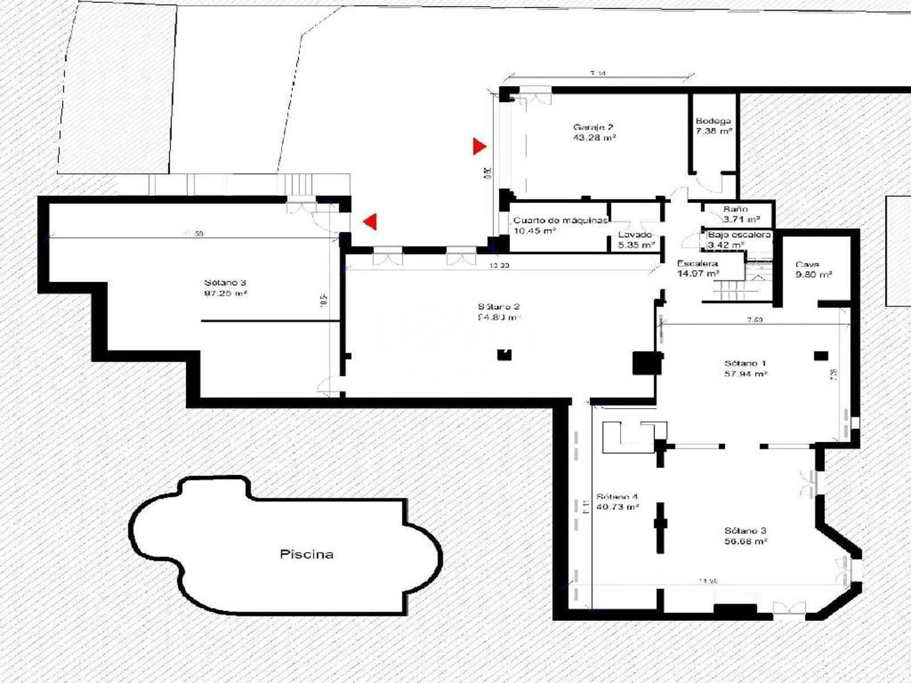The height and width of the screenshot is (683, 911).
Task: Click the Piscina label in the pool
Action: [306, 554]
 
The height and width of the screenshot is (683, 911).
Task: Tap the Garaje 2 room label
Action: [594, 127]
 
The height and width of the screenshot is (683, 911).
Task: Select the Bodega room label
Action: [713, 121]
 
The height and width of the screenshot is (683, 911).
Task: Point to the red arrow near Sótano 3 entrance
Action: [371, 221]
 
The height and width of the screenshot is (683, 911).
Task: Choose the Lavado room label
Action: [635, 234]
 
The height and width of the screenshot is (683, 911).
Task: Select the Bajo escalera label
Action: [739, 234]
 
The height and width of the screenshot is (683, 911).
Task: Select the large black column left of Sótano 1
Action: [647, 363]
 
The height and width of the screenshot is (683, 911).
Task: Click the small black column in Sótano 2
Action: [504, 355]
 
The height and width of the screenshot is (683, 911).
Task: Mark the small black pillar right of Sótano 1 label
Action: [820, 356]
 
